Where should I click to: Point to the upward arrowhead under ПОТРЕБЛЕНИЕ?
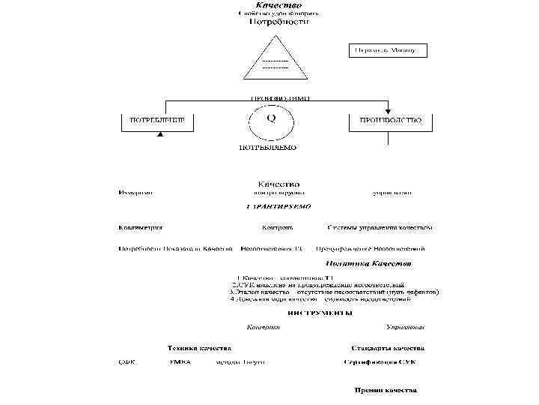(x=158, y=135)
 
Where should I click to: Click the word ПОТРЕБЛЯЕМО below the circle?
(x=267, y=148)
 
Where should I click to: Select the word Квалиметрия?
(x=140, y=227)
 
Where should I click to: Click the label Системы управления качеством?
(x=381, y=227)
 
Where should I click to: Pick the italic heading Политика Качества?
(x=368, y=264)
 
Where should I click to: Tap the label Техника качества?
(x=199, y=348)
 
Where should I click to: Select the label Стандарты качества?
(x=388, y=348)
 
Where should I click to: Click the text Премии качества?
(x=386, y=390)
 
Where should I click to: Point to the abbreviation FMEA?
(x=180, y=362)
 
